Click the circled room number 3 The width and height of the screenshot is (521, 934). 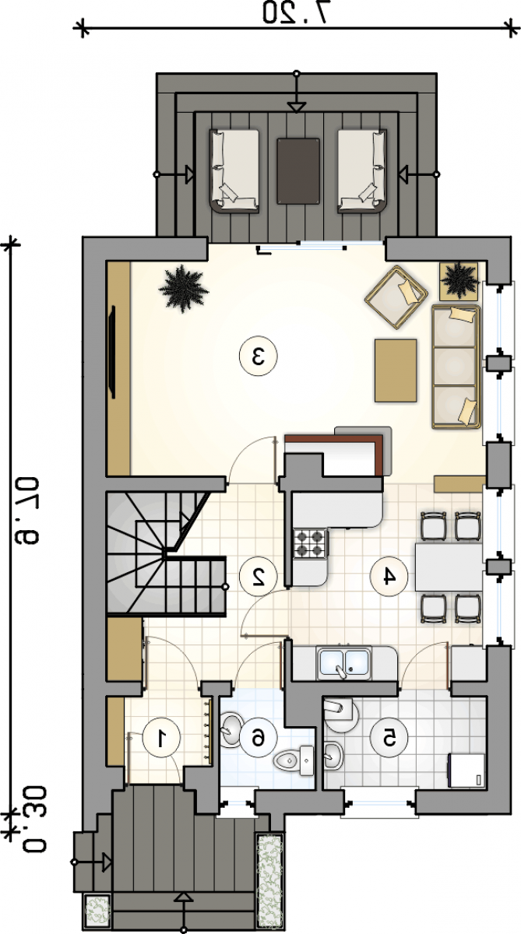coord(259,356)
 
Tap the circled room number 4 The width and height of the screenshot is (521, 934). coord(389,577)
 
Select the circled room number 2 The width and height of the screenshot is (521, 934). coord(259,576)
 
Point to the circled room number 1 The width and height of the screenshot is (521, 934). coord(161,737)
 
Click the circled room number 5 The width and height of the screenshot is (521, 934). coord(389,738)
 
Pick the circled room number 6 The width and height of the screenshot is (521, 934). coord(259,738)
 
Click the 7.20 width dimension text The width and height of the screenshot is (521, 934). coord(300,12)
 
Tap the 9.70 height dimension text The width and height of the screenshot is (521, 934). coord(26,511)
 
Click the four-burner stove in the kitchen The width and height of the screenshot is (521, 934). coord(310,543)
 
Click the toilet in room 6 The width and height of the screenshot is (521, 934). coord(294,760)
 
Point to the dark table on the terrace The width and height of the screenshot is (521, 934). coord(299,171)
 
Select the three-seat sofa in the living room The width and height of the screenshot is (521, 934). coord(456,367)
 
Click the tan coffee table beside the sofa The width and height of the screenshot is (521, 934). coord(396,370)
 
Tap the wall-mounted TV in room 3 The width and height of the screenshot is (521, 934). coord(112,352)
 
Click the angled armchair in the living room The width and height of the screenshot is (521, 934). coord(396,297)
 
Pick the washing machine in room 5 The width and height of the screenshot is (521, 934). coord(466,770)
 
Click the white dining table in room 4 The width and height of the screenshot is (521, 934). coord(449,567)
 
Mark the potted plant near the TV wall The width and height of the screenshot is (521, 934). coord(183,288)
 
